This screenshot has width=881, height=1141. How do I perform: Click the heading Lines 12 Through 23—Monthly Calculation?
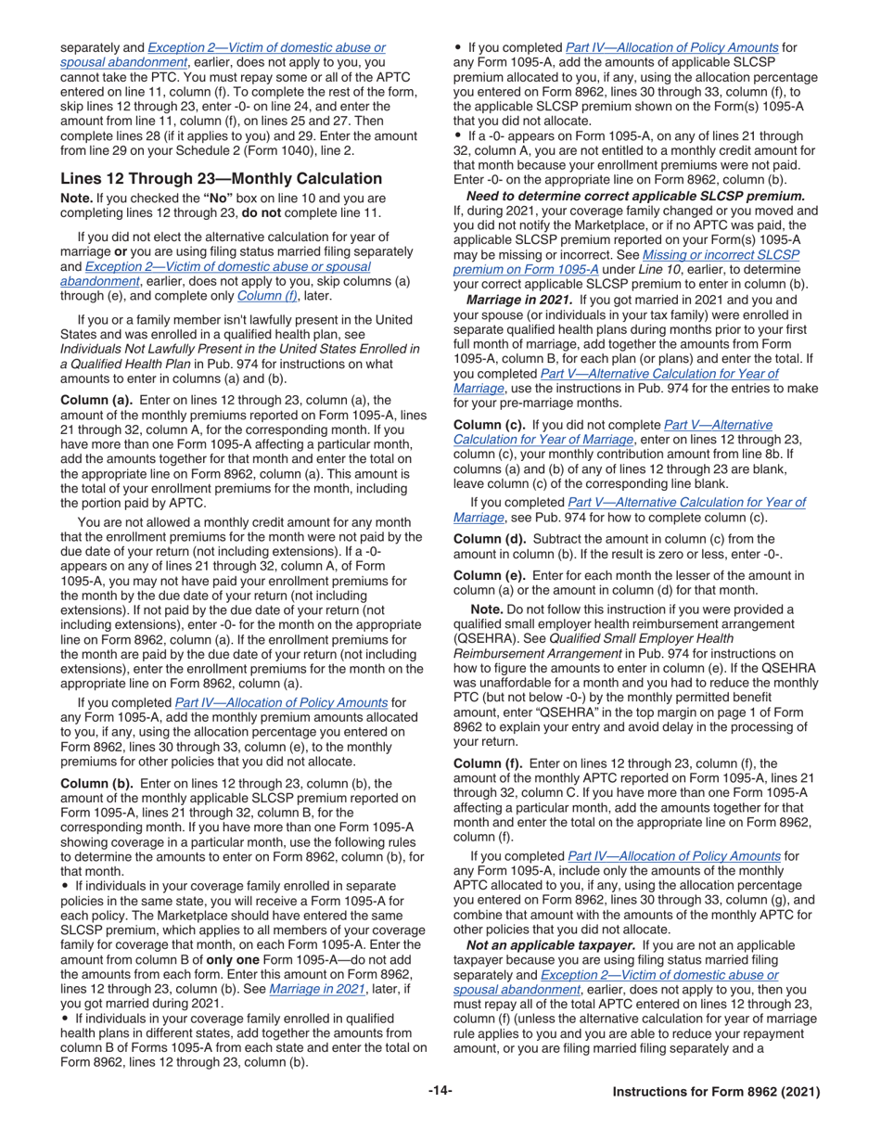[221, 178]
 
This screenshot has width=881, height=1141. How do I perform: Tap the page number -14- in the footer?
[440, 1091]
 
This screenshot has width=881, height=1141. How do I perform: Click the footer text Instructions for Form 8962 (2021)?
[716, 1092]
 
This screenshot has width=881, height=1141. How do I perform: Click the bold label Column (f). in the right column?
[488, 763]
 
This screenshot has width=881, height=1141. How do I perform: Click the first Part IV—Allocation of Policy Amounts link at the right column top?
[671, 47]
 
